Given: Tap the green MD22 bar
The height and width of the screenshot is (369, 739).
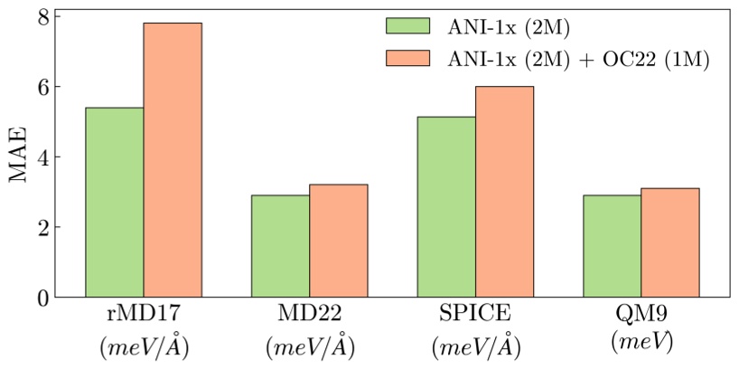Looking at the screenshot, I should pyautogui.click(x=280, y=246).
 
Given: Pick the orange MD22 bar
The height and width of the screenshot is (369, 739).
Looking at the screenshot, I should pyautogui.click(x=338, y=241).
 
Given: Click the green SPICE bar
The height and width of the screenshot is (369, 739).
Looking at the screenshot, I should pyautogui.click(x=446, y=207).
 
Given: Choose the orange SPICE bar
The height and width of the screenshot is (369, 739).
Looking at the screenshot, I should pyautogui.click(x=504, y=192).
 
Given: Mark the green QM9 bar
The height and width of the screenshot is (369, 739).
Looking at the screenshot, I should pyautogui.click(x=613, y=246).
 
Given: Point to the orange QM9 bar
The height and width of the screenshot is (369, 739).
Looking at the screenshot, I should pyautogui.click(x=670, y=242).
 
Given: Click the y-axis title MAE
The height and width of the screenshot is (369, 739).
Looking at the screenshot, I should pyautogui.click(x=19, y=156).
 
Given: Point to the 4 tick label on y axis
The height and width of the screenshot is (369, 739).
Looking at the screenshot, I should pyautogui.click(x=42, y=157).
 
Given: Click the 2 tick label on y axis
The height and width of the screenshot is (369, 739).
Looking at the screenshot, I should pyautogui.click(x=42, y=227).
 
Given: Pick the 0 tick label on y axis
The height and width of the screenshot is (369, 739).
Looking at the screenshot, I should pyautogui.click(x=42, y=298).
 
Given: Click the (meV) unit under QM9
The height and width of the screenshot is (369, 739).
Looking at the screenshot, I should pyautogui.click(x=641, y=344).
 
